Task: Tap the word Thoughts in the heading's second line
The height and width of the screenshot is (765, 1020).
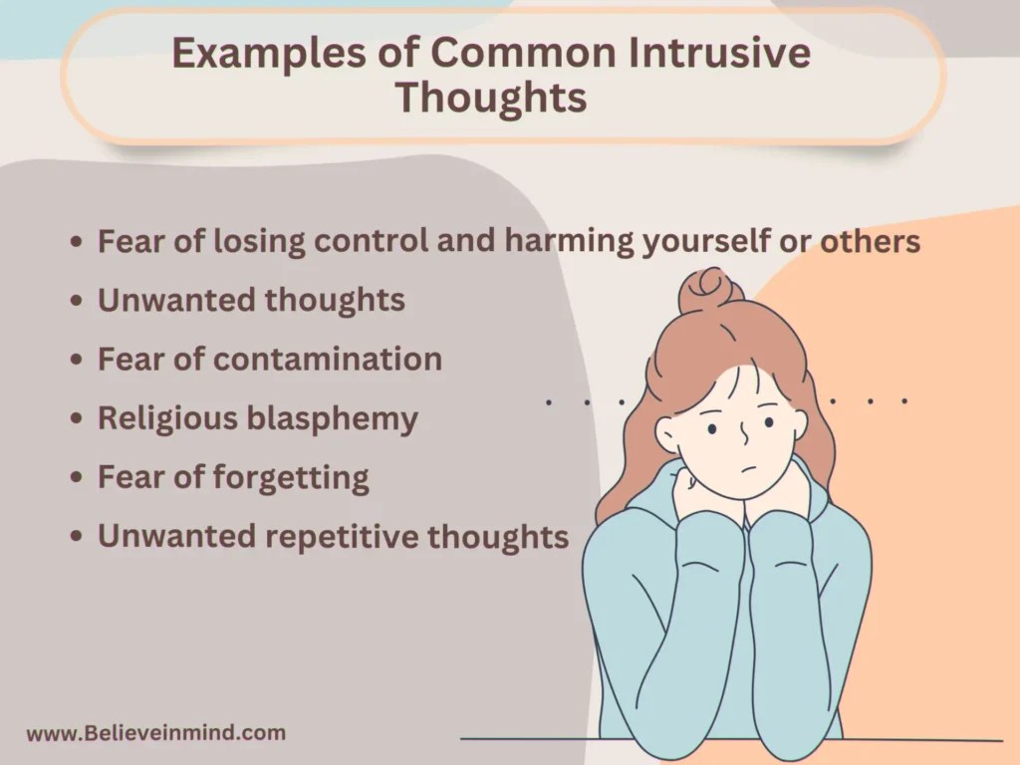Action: click(491, 99)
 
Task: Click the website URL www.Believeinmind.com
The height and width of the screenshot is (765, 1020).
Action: click(155, 734)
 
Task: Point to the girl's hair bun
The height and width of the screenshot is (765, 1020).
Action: click(708, 290)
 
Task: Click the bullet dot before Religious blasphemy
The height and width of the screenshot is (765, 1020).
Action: click(77, 419)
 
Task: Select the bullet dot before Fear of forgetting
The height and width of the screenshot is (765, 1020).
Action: click(77, 478)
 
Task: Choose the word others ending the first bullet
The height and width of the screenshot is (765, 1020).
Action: click(870, 242)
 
